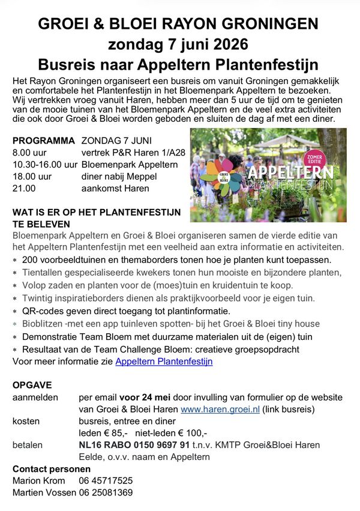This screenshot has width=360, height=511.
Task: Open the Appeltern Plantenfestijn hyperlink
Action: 164,361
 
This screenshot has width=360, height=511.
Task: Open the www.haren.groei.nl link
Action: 220,409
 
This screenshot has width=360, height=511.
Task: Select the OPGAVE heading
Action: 32,385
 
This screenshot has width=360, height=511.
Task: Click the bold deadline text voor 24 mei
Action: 146,397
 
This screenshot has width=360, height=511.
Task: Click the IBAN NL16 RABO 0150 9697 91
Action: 134,445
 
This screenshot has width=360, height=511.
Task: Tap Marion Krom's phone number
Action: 106,481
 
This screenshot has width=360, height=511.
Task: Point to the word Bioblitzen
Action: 43,324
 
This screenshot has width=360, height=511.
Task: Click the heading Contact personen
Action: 48,469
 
